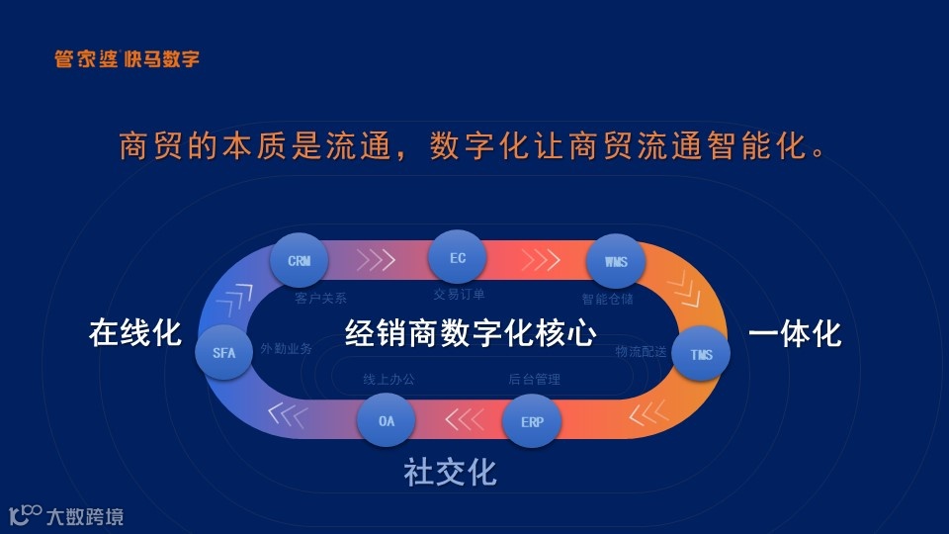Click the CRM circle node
click(x=300, y=262)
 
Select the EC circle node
click(x=458, y=257)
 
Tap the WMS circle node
click(x=615, y=263)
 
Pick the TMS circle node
click(x=701, y=354)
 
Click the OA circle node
click(x=387, y=421)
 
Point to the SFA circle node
click(x=224, y=352)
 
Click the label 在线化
click(x=135, y=333)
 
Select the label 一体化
click(x=795, y=333)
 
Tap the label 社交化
click(x=450, y=473)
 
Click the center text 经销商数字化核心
click(x=471, y=333)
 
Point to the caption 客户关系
click(x=321, y=298)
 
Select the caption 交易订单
click(x=459, y=294)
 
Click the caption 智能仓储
click(x=607, y=298)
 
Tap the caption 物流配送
click(x=640, y=351)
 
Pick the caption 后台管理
click(x=535, y=379)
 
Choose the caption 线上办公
click(x=389, y=379)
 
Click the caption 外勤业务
click(x=287, y=349)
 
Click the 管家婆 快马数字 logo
click(x=127, y=59)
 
